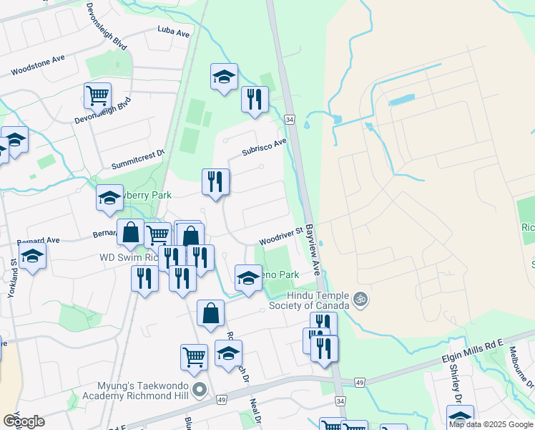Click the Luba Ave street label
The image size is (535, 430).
pos(174,33)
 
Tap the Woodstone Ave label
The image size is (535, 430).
pos(38,67)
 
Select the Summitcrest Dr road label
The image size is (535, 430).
pos(138,159)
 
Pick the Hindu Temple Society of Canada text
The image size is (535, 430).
pos(318,300)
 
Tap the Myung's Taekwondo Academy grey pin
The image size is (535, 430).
pos(200,391)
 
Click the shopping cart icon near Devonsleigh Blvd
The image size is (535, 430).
pos(97,95)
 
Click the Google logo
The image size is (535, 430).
pos(24,421)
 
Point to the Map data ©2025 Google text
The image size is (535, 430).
pos(491,424)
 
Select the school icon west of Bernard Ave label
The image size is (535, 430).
pos(32,257)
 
